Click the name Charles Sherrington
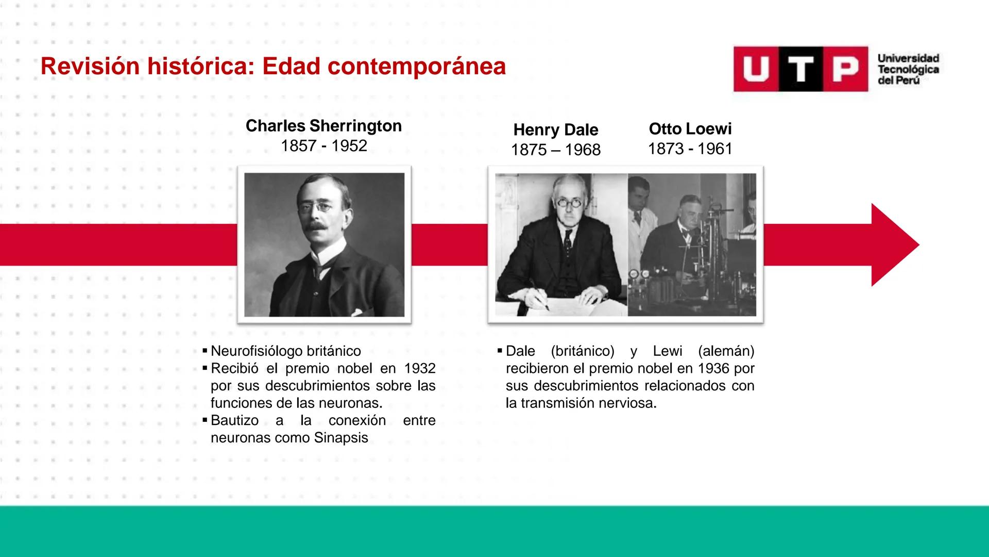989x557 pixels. click(323, 126)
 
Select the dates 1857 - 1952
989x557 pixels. click(323, 146)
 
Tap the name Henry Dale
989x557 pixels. click(555, 130)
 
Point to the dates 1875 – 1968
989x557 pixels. click(555, 150)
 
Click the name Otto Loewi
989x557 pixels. click(690, 129)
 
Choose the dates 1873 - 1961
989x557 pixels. click(690, 149)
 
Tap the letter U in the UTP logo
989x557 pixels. click(756, 69)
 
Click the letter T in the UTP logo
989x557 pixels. click(800, 69)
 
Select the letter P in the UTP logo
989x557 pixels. click(845, 69)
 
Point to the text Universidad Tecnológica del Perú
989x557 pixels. click(908, 70)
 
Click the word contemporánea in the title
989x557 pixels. click(416, 67)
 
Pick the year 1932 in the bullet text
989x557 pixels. click(420, 369)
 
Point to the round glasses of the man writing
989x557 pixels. click(569, 202)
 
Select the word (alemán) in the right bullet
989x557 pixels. click(726, 351)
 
